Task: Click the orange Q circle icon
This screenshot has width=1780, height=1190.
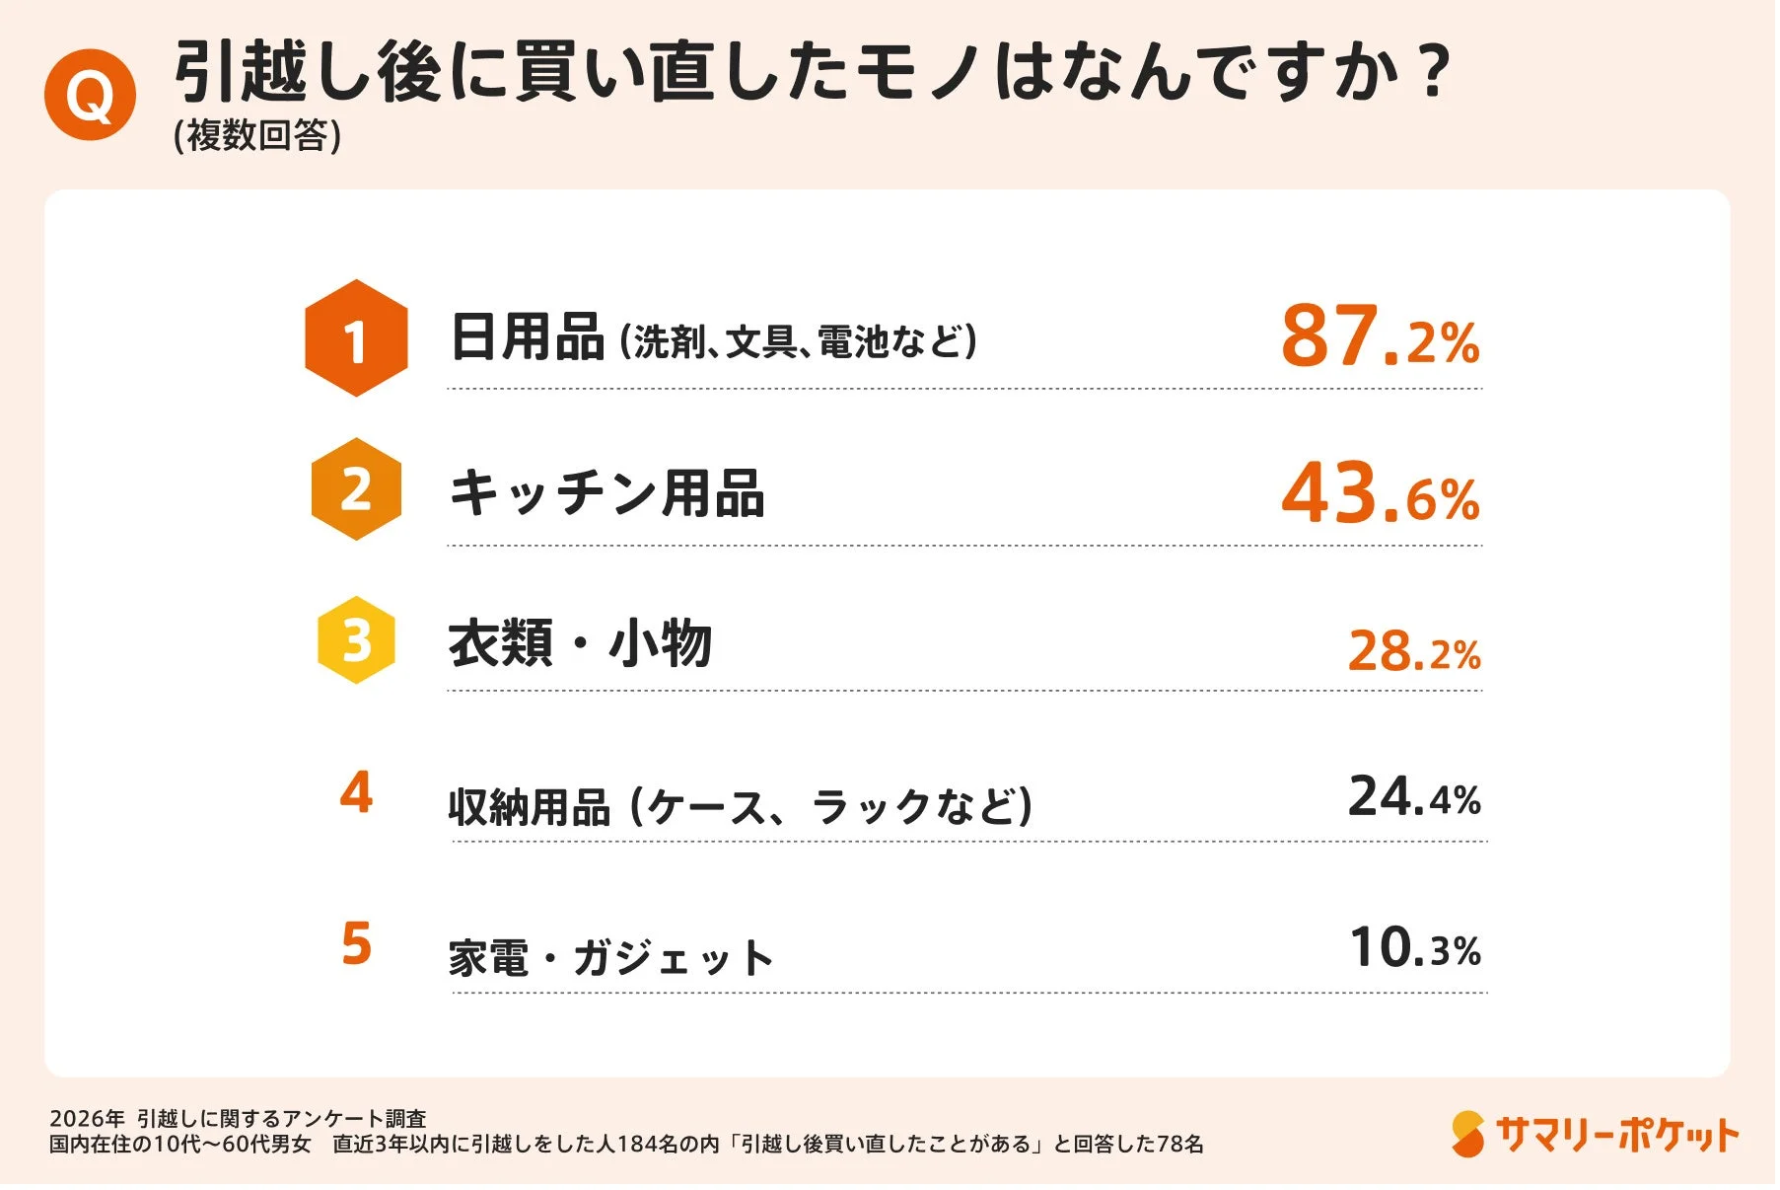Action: pyautogui.click(x=90, y=96)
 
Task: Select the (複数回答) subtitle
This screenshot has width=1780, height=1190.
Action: pyautogui.click(x=257, y=135)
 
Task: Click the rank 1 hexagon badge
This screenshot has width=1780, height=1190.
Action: pyautogui.click(x=356, y=338)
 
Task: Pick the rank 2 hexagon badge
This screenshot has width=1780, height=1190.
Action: pyautogui.click(x=356, y=489)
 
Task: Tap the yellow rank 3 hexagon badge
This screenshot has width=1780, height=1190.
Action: pyautogui.click(x=356, y=640)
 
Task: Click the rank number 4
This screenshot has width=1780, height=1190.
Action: pyautogui.click(x=356, y=792)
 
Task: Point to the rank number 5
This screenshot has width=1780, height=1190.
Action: pyautogui.click(x=356, y=943)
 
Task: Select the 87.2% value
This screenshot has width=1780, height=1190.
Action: pyautogui.click(x=1380, y=335)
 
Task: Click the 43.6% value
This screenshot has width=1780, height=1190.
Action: pyautogui.click(x=1380, y=492)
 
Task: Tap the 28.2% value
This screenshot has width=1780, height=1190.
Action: pyautogui.click(x=1414, y=651)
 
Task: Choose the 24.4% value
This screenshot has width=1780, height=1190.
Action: pyautogui.click(x=1414, y=796)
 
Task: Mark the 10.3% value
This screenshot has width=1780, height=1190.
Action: pyautogui.click(x=1414, y=947)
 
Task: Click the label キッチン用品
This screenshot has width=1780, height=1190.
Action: pyautogui.click(x=606, y=492)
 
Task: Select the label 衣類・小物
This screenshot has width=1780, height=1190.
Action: pyautogui.click(x=580, y=643)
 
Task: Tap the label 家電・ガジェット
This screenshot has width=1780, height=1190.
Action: pyautogui.click(x=611, y=957)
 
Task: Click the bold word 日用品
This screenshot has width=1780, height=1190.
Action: pyautogui.click(x=527, y=337)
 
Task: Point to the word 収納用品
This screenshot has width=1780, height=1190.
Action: pyautogui.click(x=530, y=807)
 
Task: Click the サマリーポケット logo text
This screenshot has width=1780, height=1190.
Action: pyautogui.click(x=1616, y=1135)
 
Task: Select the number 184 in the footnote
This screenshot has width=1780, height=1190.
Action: pyautogui.click(x=635, y=1145)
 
